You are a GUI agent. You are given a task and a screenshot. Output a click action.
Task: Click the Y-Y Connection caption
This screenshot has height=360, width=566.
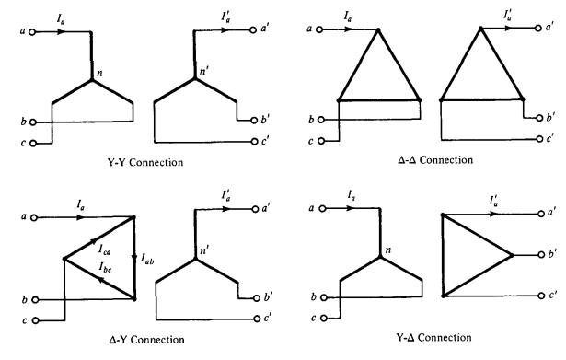(145, 162)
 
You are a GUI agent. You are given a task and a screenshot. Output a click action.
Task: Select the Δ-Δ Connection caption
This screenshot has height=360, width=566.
(435, 160)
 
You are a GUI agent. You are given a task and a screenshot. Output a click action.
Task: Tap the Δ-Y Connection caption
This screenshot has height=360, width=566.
(146, 340)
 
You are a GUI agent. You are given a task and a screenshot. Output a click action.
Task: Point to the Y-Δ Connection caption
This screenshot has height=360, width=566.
(433, 338)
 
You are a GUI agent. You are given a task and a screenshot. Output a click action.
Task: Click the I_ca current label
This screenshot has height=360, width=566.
(105, 250)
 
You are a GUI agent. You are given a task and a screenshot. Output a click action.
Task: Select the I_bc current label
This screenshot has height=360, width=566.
(106, 267)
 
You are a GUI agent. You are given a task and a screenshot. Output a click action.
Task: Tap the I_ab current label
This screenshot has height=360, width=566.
(147, 259)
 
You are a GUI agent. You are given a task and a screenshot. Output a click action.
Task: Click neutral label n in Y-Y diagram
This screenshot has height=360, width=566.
(99, 73)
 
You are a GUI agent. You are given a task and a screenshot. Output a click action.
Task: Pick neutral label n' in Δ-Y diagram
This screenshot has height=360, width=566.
(204, 250)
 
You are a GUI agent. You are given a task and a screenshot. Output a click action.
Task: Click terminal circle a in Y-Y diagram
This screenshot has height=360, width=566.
(32, 32)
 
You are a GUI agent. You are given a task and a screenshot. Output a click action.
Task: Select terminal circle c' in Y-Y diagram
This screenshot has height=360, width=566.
(255, 142)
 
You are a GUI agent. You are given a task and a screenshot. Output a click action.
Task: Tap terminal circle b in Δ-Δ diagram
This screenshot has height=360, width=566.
(321, 120)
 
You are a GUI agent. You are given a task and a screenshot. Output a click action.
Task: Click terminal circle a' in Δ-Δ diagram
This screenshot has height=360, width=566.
(538, 28)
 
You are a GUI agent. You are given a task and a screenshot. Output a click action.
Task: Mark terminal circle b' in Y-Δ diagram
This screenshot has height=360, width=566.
(541, 255)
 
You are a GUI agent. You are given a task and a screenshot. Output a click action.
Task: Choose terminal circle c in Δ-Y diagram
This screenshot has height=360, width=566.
(35, 320)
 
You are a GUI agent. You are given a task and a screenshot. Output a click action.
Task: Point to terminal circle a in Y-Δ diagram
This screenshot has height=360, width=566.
(323, 208)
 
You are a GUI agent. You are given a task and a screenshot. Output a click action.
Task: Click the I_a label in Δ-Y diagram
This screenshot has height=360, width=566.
(80, 205)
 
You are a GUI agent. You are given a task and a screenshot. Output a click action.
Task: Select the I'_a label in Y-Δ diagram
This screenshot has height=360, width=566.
(494, 201)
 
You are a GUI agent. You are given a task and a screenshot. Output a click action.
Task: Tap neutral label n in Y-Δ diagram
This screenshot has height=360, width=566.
(388, 250)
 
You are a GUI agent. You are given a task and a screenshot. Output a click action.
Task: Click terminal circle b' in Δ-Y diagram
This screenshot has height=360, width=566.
(257, 298)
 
